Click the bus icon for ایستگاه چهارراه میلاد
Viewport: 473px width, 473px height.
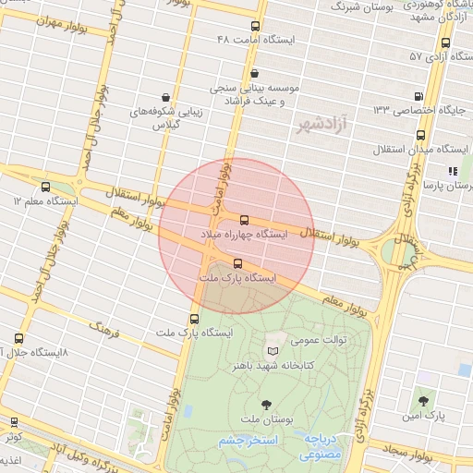pyautogui.click(x=244, y=220)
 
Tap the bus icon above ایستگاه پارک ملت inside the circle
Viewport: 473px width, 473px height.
pyautogui.click(x=238, y=263)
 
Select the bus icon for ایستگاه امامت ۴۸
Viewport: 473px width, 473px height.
pyautogui.click(x=256, y=26)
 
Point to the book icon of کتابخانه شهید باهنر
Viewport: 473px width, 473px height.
pyautogui.click(x=272, y=351)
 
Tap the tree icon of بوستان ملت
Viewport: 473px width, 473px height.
pyautogui.click(x=267, y=404)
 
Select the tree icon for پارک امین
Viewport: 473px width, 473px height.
pyautogui.click(x=423, y=401)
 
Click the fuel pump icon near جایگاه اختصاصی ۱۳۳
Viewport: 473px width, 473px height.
pyautogui.click(x=420, y=95)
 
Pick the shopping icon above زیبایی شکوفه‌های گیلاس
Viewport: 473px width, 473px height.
pyautogui.click(x=165, y=97)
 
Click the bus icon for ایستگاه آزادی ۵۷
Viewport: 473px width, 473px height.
pyautogui.click(x=446, y=42)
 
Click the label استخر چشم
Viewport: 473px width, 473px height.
pyautogui.click(x=249, y=442)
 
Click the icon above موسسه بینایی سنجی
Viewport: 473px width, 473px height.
pyautogui.click(x=255, y=74)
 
